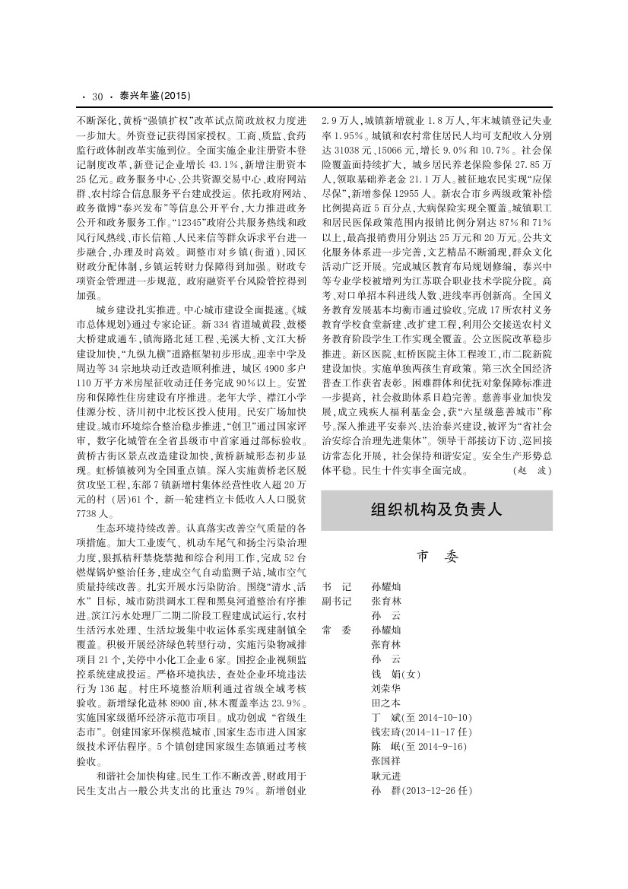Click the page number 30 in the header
click(x=97, y=97)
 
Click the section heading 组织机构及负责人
click(x=436, y=510)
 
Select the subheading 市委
click(x=437, y=557)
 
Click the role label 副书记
click(x=337, y=602)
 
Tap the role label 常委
click(x=337, y=630)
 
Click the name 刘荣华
click(x=385, y=688)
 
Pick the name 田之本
click(x=385, y=703)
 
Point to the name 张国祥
click(x=385, y=760)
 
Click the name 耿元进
click(x=385, y=775)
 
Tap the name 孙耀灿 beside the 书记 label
click(x=385, y=588)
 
